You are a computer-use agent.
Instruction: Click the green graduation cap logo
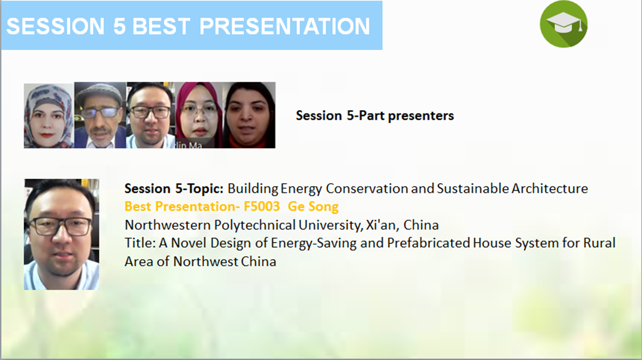point(563,24)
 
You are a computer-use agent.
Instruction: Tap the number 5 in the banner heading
point(120,27)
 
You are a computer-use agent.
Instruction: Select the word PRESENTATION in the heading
point(284,27)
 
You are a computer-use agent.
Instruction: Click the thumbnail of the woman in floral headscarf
point(49,116)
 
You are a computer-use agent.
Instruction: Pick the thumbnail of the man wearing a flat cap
point(100,115)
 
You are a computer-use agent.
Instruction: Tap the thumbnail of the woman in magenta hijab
point(199,115)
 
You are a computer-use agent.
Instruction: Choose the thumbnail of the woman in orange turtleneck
point(249,115)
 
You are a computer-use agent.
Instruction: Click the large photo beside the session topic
point(62,234)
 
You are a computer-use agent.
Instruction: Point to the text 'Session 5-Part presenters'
point(375,116)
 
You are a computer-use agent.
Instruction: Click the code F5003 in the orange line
point(261,206)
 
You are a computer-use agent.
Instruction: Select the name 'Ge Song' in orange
point(313,207)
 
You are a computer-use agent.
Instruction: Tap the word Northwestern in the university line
point(167,225)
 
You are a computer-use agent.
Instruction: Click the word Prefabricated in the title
point(428,243)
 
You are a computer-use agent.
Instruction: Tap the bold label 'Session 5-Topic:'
point(174,189)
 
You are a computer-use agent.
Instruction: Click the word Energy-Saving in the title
point(314,243)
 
